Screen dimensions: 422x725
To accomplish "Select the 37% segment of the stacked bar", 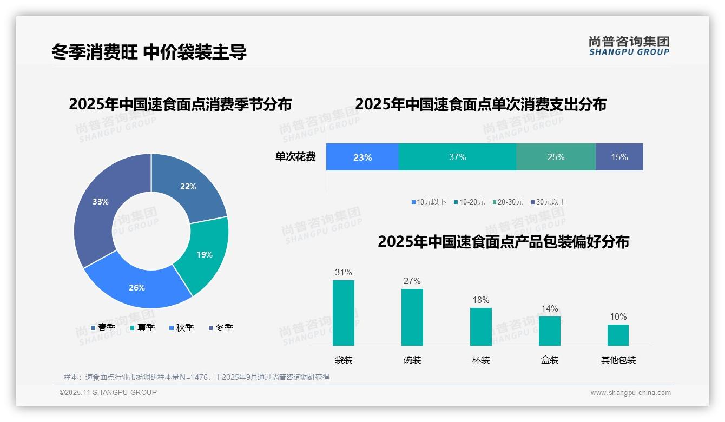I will point(457,157).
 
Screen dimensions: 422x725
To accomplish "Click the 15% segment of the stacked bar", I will point(619,157).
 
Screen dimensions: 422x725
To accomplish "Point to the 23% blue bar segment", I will point(362,157).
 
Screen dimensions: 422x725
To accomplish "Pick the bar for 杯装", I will point(480,327).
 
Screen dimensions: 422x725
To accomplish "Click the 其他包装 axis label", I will point(618,360).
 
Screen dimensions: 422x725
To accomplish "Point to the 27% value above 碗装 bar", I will point(412,281).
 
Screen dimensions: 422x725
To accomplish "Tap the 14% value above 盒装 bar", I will point(549,308).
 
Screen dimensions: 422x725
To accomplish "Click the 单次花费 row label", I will point(295,157).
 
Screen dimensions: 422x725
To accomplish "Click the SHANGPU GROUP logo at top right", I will point(629,45).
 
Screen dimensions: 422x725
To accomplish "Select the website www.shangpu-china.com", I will point(630,393).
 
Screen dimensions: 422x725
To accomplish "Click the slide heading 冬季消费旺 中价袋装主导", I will point(149,52).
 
